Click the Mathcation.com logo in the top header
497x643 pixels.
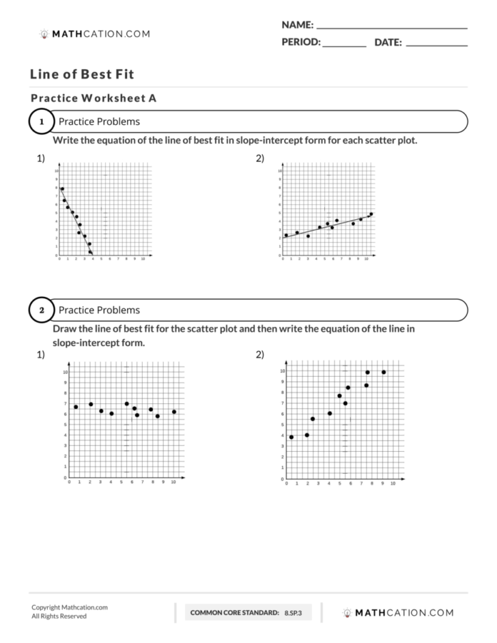[x=95, y=33]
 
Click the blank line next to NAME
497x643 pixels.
[x=392, y=28]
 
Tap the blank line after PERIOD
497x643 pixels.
[x=344, y=46]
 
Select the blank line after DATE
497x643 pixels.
[x=436, y=46]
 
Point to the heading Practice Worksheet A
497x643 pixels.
[x=94, y=98]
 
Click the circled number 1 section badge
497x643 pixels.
[x=41, y=122]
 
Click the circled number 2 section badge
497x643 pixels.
[x=41, y=311]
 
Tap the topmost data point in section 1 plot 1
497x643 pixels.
[x=62, y=189]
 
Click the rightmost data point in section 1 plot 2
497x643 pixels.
[x=371, y=214]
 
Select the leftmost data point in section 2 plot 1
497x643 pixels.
[x=76, y=407]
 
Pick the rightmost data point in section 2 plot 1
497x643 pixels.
[x=174, y=412]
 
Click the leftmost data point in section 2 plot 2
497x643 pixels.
[x=292, y=437]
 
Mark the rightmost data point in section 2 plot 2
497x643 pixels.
[x=384, y=372]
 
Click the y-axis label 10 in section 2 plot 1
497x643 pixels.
[x=65, y=372]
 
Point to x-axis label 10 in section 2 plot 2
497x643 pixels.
[x=393, y=483]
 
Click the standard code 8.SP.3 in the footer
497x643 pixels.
[x=293, y=613]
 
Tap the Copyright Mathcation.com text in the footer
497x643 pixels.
[x=69, y=607]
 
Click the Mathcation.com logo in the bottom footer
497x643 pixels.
[x=398, y=612]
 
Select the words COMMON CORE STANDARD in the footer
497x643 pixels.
[x=234, y=613]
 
